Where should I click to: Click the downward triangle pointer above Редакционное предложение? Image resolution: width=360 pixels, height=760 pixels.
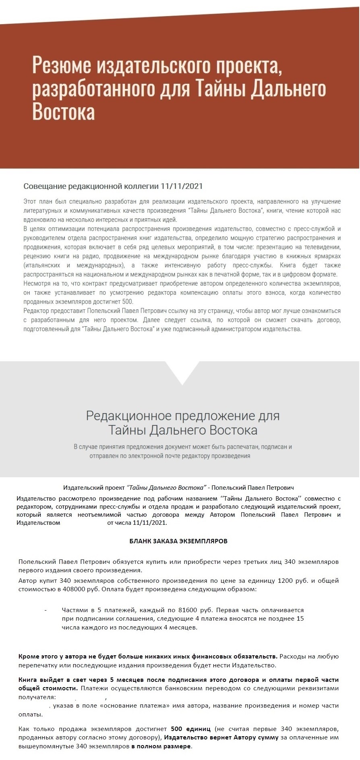coord(182,373)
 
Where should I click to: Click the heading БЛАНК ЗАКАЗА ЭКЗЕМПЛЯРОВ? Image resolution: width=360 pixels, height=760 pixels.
coord(178,541)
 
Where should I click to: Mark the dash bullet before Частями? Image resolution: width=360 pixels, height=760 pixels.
coord(46,610)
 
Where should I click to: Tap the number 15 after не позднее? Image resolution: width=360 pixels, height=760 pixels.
coord(300,618)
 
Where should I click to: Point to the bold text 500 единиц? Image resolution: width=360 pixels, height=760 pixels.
coord(190,729)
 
